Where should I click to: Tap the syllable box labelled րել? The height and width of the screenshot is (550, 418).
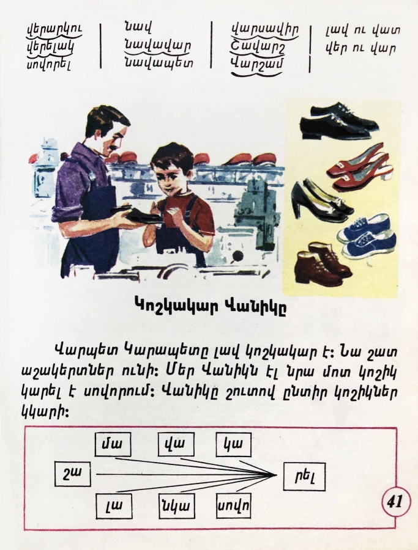(304, 476)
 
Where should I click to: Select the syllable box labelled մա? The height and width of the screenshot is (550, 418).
(113, 444)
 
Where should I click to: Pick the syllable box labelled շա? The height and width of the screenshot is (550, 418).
(72, 474)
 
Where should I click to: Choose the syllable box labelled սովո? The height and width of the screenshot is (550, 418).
(233, 505)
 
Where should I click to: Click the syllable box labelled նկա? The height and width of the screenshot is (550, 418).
(177, 506)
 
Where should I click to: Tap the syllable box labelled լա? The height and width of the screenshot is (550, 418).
(114, 506)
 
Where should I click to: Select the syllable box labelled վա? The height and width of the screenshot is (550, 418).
(176, 444)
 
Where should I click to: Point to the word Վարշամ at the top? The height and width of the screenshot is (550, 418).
(257, 63)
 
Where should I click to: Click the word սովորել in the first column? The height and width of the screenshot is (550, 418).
(49, 64)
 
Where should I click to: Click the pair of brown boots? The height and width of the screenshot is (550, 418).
(323, 264)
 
